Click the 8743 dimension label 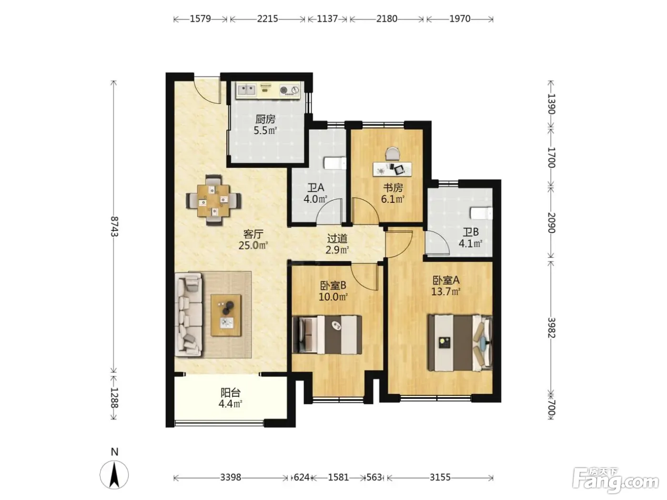coord(114,226)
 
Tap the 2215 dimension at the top coord(267,19)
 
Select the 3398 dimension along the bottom coord(231,478)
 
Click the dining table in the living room coord(213,200)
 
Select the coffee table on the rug coord(226,315)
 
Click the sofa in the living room coord(188,314)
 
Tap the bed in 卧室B coord(327,335)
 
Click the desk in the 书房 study coord(392,169)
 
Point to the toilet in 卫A coord(335,163)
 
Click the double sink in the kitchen coord(246,90)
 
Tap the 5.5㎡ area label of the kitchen coord(265,131)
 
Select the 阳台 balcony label coord(230,393)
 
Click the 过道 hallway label coord(337,239)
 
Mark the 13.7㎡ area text coord(446,292)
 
